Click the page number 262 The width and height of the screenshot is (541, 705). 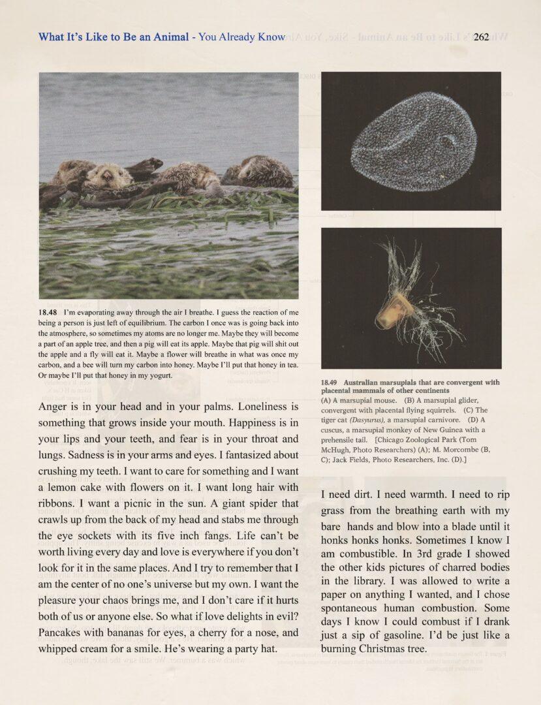(x=482, y=37)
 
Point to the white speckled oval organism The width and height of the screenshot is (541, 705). (x=410, y=140)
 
